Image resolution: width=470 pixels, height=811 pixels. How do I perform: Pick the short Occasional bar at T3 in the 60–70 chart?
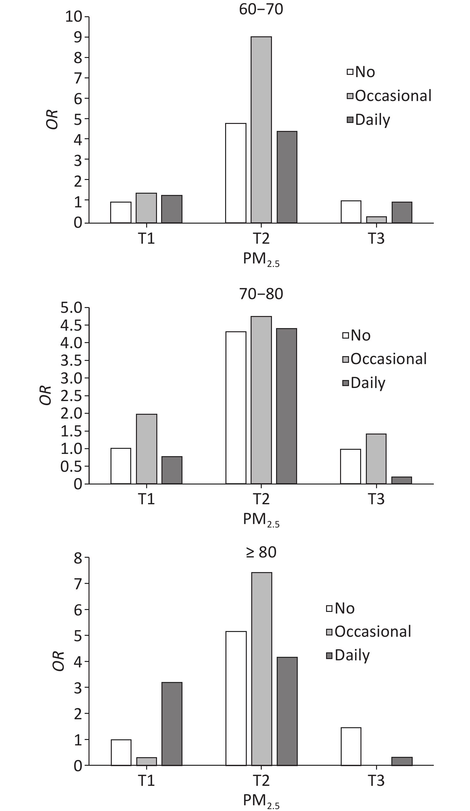click(376, 219)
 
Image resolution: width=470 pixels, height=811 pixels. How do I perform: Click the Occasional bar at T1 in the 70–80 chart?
click(146, 449)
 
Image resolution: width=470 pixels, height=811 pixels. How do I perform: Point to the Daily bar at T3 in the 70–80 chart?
click(402, 480)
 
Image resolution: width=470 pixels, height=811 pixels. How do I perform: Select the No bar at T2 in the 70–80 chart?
click(236, 408)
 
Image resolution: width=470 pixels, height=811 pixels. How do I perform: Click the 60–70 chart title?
click(261, 9)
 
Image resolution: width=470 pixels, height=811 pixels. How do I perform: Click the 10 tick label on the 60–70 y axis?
click(74, 17)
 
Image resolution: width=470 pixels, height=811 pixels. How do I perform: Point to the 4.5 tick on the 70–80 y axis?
click(71, 325)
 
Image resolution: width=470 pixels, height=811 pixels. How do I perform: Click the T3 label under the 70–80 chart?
click(376, 499)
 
